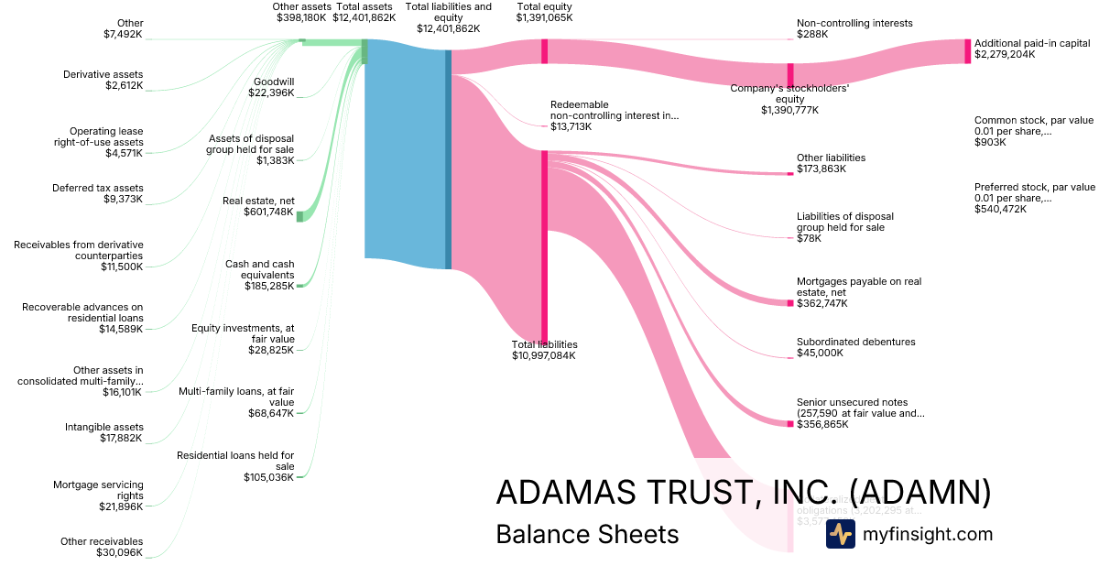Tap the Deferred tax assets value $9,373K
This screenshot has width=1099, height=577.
pyautogui.click(x=124, y=200)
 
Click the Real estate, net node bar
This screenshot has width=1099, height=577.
pyautogui.click(x=299, y=216)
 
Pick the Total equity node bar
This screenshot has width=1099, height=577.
pyautogui.click(x=544, y=51)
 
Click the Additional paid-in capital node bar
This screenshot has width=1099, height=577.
pyautogui.click(x=966, y=51)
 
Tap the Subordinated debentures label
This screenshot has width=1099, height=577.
pyautogui.click(x=855, y=342)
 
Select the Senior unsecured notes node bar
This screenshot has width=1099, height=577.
pyautogui.click(x=790, y=423)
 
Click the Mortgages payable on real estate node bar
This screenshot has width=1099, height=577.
pyautogui.click(x=790, y=302)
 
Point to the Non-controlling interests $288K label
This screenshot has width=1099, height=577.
pyautogui.click(x=842, y=28)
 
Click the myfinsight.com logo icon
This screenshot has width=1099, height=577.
pyautogui.click(x=840, y=534)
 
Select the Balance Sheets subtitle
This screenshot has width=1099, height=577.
pyautogui.click(x=587, y=535)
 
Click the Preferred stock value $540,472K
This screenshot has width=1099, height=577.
pyautogui.click(x=1000, y=210)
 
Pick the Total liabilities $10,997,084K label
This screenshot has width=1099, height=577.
pyautogui.click(x=544, y=350)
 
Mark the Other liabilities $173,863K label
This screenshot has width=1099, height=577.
pyautogui.click(x=831, y=163)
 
